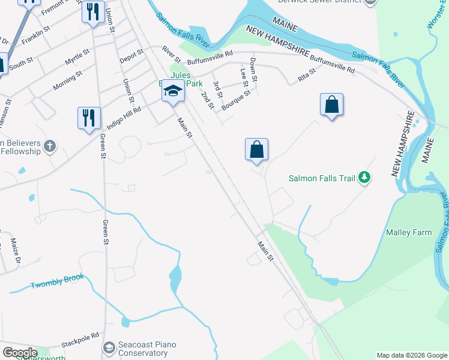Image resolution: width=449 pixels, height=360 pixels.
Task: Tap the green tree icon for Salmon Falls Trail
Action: tap(364, 177)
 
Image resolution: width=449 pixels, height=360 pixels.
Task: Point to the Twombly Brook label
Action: tap(58, 281)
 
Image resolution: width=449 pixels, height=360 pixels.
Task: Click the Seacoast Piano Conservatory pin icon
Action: tap(109, 347)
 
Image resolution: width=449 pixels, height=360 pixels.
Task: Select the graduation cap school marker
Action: tap(173, 91)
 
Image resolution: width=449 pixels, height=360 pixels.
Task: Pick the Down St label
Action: tap(254, 70)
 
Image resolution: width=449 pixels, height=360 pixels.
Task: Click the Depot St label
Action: tap(131, 56)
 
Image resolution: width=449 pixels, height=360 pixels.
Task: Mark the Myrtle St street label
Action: tap(77, 59)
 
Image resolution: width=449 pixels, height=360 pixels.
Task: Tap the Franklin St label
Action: tap(35, 37)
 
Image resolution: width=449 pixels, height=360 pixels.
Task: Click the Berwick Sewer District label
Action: tap(319, 2)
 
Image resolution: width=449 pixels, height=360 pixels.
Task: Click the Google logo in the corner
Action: tap(20, 353)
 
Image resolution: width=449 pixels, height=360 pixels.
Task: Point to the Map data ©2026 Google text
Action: tap(412, 355)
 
